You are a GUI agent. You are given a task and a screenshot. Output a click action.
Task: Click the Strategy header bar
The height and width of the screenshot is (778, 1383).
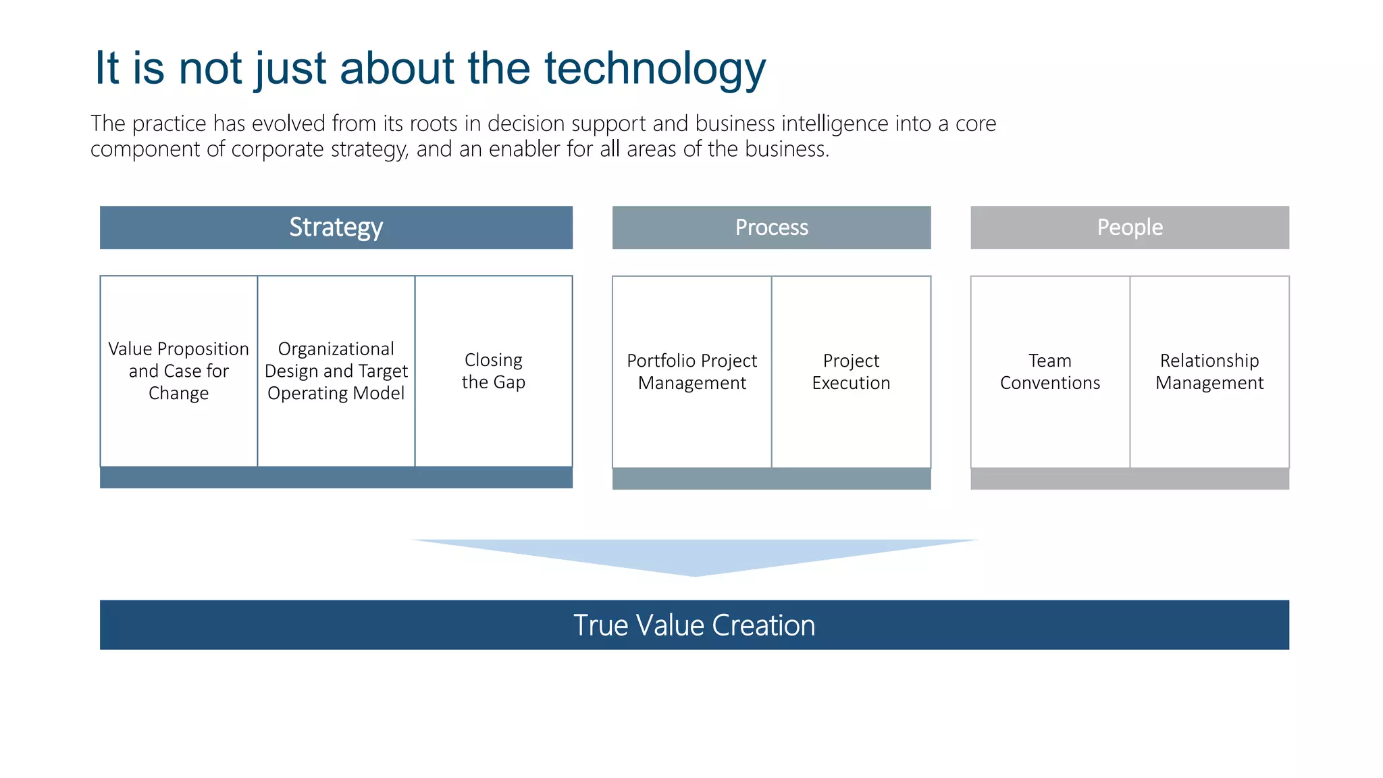[x=336, y=228]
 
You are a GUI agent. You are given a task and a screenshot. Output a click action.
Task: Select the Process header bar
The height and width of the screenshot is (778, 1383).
[x=771, y=228]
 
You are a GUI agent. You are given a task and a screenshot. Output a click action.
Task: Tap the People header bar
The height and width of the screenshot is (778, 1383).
[x=1129, y=228]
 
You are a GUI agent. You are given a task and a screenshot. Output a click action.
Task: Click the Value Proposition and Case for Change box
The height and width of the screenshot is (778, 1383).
[x=178, y=371]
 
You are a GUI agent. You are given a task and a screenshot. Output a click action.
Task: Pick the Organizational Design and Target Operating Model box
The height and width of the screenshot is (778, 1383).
[x=336, y=371]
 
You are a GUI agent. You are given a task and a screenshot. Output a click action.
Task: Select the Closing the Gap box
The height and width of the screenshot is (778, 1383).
[x=494, y=371]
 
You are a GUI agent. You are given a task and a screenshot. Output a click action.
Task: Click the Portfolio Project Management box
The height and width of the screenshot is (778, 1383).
[x=691, y=371]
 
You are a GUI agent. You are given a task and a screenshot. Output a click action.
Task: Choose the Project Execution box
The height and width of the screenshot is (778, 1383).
[x=851, y=371]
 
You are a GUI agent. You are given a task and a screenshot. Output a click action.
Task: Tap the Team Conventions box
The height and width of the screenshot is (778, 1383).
[x=1049, y=371]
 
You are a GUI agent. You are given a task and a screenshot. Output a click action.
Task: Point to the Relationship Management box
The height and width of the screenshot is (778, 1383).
[x=1209, y=371]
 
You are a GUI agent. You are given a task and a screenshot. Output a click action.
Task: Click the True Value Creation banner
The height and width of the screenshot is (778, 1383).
[x=694, y=625]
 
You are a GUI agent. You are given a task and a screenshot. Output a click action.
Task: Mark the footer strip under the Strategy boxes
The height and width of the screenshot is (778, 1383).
[x=336, y=477]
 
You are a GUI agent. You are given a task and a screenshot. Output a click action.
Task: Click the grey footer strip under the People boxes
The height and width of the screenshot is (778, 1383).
[x=1129, y=479]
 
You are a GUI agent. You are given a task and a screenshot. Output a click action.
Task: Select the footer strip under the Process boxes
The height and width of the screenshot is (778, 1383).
[x=771, y=479]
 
